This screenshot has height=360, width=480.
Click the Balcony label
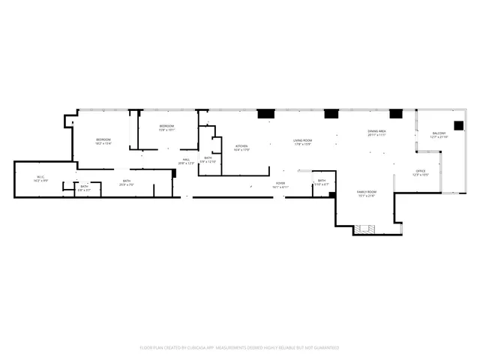pyautogui.click(x=439, y=135)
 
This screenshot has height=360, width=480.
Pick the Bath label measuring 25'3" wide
pyautogui.click(x=127, y=182)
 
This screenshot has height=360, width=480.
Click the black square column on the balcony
pyautogui.click(x=457, y=125)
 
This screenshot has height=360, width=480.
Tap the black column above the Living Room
pyautogui.click(x=266, y=115)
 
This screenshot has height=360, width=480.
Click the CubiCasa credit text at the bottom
pyautogui.click(x=239, y=348)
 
